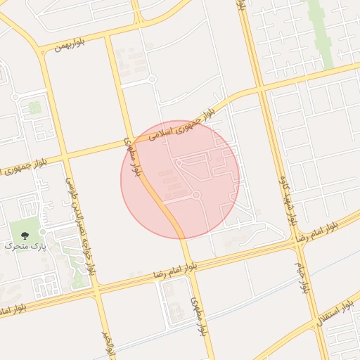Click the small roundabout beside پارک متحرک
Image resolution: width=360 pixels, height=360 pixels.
coord(43,231)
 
